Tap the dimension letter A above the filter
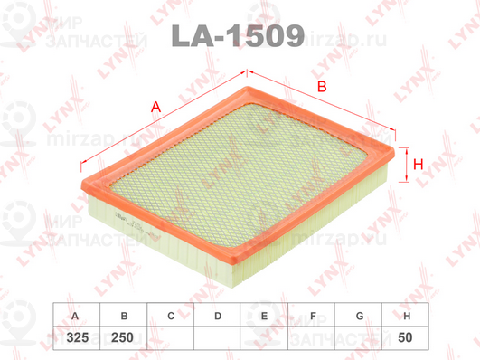coord(156,108)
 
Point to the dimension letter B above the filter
coord(321,88)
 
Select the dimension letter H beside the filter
coord(419,165)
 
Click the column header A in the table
coord(74,317)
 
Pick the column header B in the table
coord(122,317)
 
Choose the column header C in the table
coord(170,317)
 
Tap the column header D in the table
coord(217,317)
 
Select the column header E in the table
coord(264,317)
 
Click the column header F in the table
coord(312,317)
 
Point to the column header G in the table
coord(359,317)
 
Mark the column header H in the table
coord(407,317)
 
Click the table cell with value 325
coord(74,337)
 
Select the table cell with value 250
coord(122,337)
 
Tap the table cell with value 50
coord(407,337)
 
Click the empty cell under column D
coord(217,337)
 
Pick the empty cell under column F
coord(312,337)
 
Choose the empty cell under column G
coord(359,337)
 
